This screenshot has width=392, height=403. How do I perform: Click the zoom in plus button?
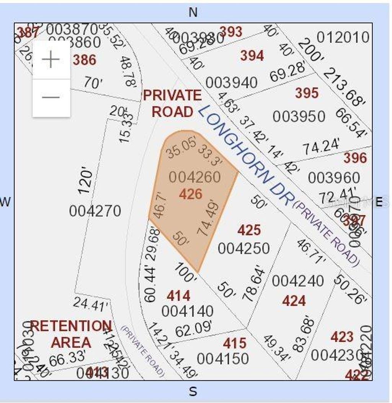point(51,60)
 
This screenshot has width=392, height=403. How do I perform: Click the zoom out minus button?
point(51,97)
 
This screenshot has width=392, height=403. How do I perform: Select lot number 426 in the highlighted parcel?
point(191,194)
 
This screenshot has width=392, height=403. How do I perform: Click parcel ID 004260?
point(195,177)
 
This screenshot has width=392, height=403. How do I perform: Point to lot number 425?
point(249,230)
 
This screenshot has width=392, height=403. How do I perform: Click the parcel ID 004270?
point(95,211)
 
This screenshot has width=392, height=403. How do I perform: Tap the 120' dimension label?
point(86,181)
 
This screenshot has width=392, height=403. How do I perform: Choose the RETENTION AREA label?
point(71,334)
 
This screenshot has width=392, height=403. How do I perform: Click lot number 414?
point(178,296)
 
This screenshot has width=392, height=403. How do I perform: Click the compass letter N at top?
point(193,12)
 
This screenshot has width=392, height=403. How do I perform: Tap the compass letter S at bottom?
point(193,391)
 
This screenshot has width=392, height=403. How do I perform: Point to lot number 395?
point(307,93)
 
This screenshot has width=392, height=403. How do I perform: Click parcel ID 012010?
point(343,37)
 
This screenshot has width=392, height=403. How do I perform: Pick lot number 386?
point(85,60)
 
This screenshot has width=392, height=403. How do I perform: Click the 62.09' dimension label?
point(193,328)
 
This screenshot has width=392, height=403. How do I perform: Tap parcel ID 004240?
point(298,281)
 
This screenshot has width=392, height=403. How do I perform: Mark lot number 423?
point(342,337)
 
